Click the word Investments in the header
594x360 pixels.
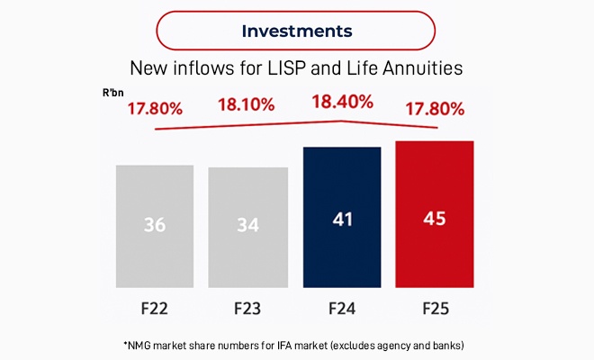pos(297,31)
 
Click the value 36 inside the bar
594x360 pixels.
pos(155,225)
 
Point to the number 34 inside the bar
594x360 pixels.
pos(248,225)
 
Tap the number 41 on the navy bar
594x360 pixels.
pos(341,218)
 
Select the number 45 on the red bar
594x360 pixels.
pos(435,218)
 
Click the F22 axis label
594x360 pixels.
pos(155,309)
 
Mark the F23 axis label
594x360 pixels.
pos(248,309)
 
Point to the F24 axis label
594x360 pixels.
pos(341,309)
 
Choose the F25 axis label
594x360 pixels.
pos(435,309)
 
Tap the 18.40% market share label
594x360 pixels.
pos(342,101)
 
